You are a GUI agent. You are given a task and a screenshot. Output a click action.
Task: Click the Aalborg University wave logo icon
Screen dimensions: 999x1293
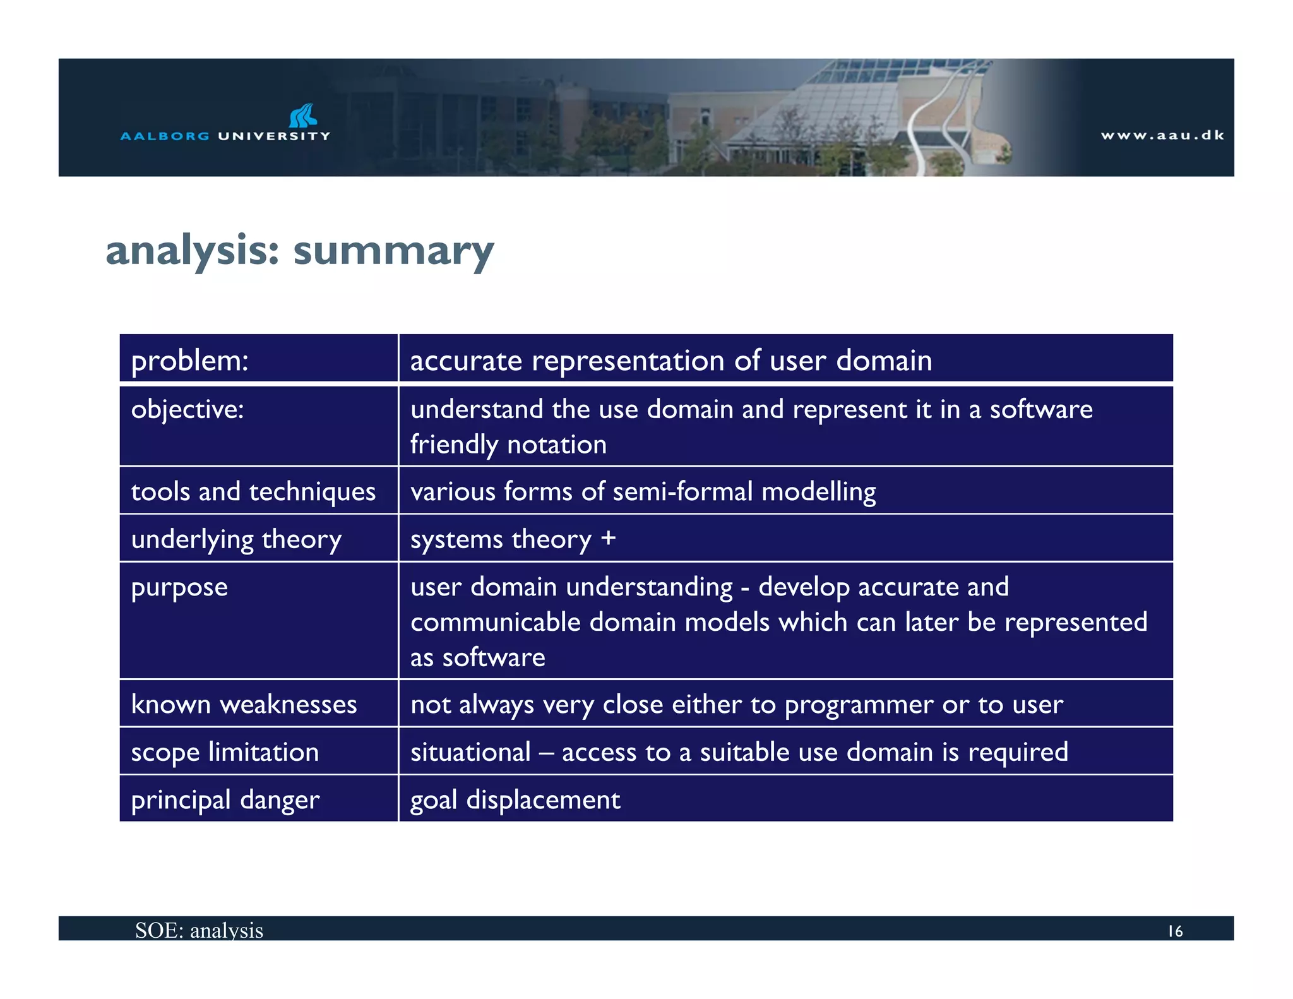(303, 116)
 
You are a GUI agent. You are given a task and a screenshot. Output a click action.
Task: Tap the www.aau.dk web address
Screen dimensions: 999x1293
(1162, 135)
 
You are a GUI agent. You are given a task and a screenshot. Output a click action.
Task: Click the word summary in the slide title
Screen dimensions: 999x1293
(393, 251)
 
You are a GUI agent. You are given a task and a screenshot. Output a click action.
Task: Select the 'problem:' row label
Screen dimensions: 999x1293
(189, 361)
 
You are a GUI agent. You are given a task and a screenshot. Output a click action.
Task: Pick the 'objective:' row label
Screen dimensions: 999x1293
(188, 410)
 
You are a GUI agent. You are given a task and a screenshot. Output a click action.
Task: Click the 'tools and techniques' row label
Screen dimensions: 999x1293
(253, 491)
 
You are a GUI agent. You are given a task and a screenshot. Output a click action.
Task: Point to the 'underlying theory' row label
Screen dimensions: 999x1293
(236, 539)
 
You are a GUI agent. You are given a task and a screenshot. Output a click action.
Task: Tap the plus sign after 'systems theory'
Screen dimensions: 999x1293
(608, 538)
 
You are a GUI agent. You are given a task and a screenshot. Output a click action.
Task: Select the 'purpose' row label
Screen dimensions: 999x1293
(179, 587)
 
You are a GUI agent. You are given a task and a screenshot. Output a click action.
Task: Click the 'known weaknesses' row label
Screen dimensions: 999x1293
(244, 704)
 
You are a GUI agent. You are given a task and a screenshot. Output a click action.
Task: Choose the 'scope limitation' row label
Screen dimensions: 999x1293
(225, 752)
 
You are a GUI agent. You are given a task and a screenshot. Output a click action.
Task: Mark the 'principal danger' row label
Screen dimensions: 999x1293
(225, 800)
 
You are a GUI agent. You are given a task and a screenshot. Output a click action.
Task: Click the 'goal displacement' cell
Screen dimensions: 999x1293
(515, 800)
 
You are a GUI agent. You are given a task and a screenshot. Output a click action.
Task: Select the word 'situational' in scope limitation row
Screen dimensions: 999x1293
(470, 752)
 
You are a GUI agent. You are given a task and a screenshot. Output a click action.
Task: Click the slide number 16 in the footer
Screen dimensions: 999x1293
(1175, 931)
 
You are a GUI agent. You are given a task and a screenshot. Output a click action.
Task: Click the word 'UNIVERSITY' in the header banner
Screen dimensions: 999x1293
(274, 136)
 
